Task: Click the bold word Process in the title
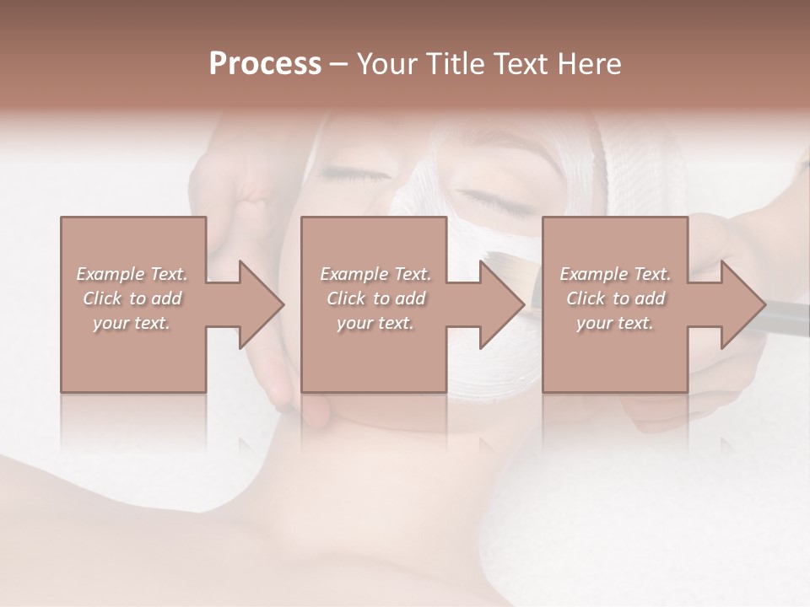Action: (265, 64)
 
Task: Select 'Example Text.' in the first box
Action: (132, 274)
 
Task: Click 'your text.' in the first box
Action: (132, 323)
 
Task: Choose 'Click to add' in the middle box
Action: (375, 298)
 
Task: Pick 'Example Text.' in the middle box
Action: (375, 274)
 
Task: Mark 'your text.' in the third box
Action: (615, 323)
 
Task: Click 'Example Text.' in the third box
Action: (615, 274)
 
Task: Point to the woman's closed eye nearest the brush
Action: (489, 203)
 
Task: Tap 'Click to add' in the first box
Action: (132, 298)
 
